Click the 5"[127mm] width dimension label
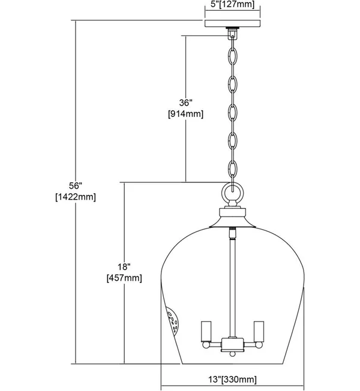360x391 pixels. point(232,4)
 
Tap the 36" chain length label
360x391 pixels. point(186,103)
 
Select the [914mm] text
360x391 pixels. point(186,114)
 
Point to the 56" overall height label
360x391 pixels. point(76,185)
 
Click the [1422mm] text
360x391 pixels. point(76,197)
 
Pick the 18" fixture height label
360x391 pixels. point(124,267)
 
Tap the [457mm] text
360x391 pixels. point(124,278)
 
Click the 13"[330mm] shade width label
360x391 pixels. point(232,380)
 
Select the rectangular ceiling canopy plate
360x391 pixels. point(233,23)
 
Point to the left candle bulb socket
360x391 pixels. point(206,331)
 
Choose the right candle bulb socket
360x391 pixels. point(259,331)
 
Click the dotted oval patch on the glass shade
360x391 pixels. point(173,321)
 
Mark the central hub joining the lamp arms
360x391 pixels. point(232,344)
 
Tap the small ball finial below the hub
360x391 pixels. point(232,354)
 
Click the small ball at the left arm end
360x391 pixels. point(205,345)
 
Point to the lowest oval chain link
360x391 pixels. point(233,169)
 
